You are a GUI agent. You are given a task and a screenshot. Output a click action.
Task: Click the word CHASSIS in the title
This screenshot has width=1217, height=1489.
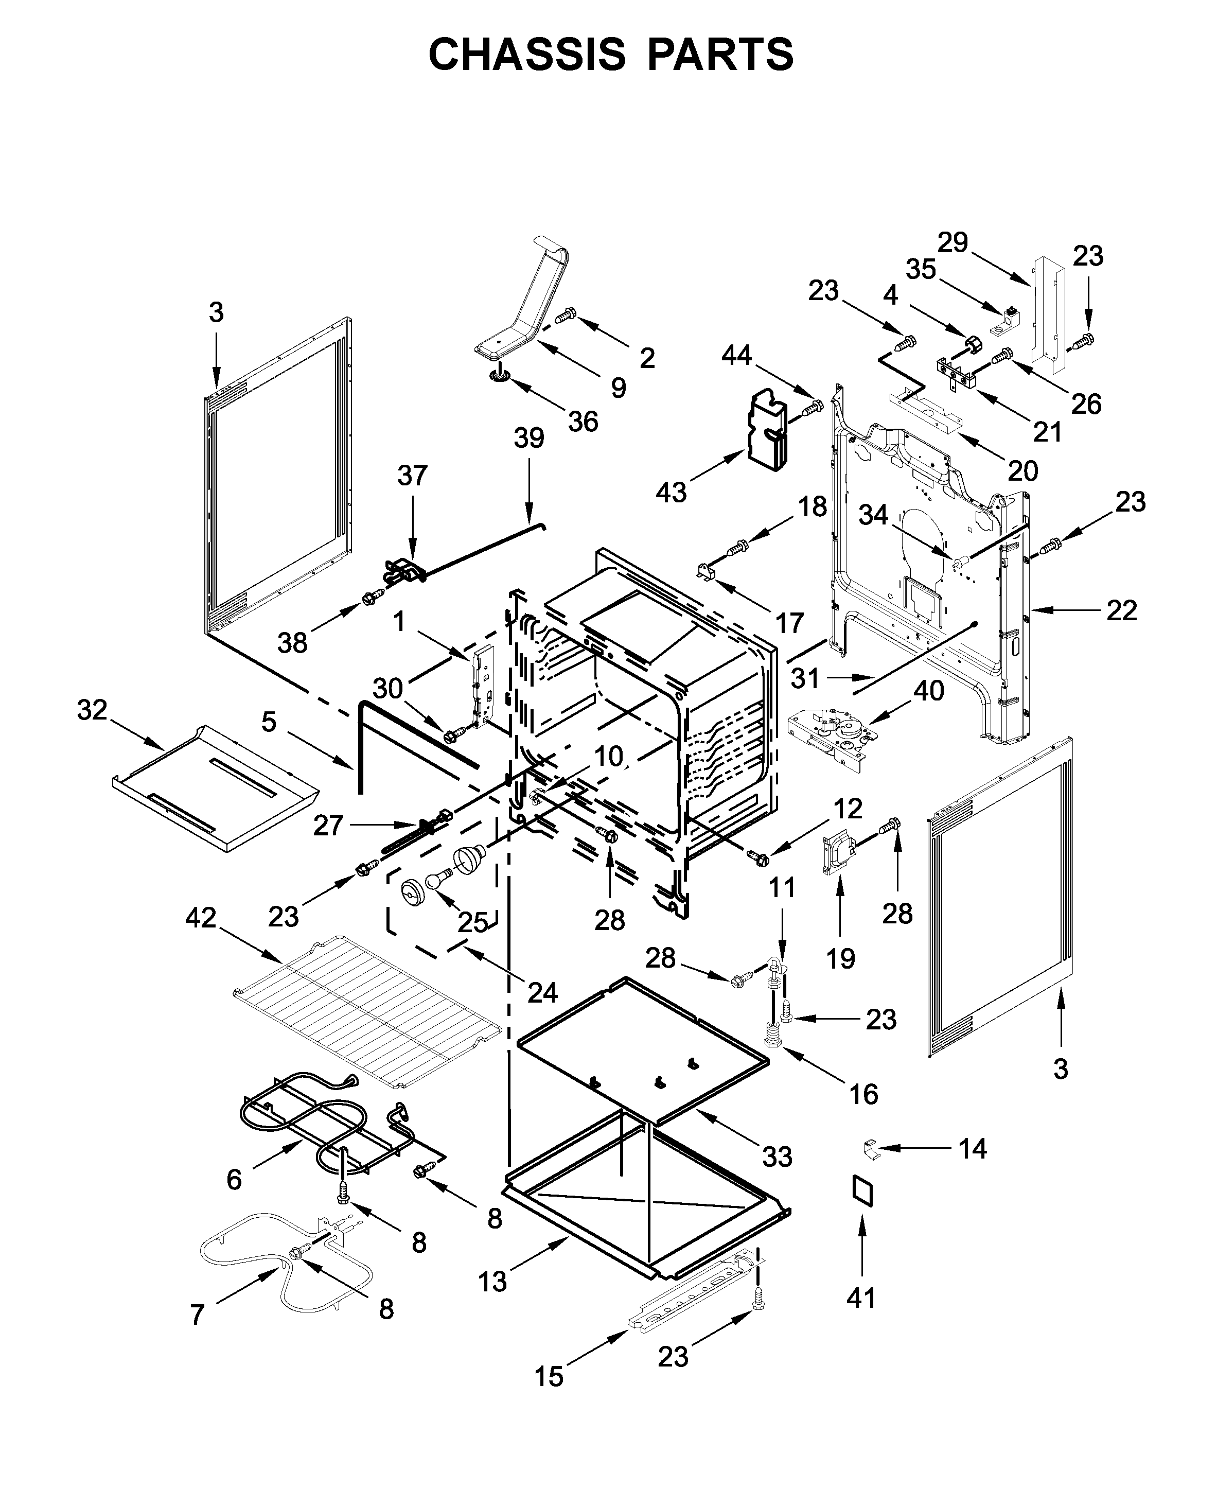coord(526,55)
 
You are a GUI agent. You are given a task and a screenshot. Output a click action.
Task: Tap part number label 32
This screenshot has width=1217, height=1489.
coord(92,710)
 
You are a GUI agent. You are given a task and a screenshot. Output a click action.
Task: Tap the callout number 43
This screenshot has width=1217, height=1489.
coord(671,492)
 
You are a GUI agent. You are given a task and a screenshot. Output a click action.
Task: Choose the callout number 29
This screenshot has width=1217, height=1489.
coord(953,242)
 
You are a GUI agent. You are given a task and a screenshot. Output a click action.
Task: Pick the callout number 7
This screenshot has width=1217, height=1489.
coord(197,1315)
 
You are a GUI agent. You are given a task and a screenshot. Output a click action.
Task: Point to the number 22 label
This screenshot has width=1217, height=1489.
coord(1121,610)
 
